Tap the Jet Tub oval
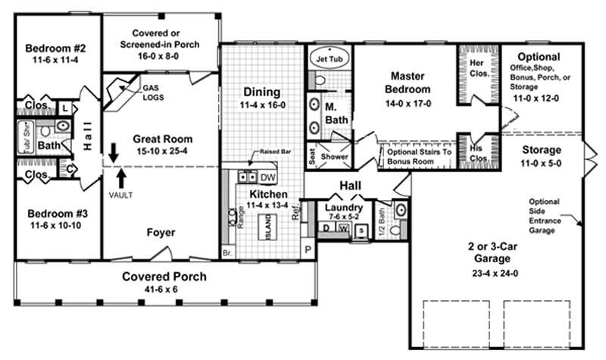[330, 56]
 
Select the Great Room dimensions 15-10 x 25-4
[162, 152]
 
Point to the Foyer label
[160, 232]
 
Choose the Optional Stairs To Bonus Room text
[419, 157]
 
